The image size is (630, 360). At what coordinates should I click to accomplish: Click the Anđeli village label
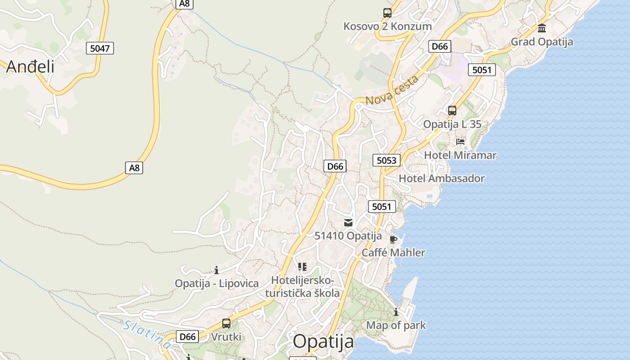(x=30, y=67)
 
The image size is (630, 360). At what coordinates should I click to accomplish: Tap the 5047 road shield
(x=99, y=48)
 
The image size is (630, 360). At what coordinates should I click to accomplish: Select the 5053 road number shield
(x=386, y=160)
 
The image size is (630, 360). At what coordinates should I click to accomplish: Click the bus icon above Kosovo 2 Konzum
(x=387, y=13)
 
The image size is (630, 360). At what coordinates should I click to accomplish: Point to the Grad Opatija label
(x=542, y=42)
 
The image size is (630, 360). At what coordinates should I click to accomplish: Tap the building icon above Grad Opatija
(x=542, y=28)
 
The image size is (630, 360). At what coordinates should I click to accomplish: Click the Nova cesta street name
(x=392, y=90)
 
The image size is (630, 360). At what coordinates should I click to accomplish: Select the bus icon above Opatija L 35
(x=452, y=110)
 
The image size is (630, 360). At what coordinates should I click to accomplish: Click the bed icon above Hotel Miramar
(x=460, y=141)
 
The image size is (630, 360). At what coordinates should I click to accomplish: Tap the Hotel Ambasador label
(x=441, y=178)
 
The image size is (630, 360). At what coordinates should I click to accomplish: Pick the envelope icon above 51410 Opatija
(x=348, y=222)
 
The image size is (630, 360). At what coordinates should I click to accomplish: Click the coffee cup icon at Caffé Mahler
(x=393, y=239)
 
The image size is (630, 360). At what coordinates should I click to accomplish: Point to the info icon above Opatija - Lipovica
(x=216, y=270)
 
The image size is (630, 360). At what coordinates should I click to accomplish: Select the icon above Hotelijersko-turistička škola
(x=302, y=267)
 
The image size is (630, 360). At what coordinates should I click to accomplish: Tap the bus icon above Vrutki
(x=226, y=323)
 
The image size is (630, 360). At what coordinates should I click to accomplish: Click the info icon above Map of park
(x=396, y=311)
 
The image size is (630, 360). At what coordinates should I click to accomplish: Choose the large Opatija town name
(x=324, y=342)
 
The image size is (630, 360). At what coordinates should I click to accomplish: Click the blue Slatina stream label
(x=147, y=334)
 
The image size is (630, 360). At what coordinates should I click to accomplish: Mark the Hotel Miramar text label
(x=460, y=155)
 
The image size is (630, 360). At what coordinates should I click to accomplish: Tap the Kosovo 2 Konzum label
(x=387, y=26)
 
